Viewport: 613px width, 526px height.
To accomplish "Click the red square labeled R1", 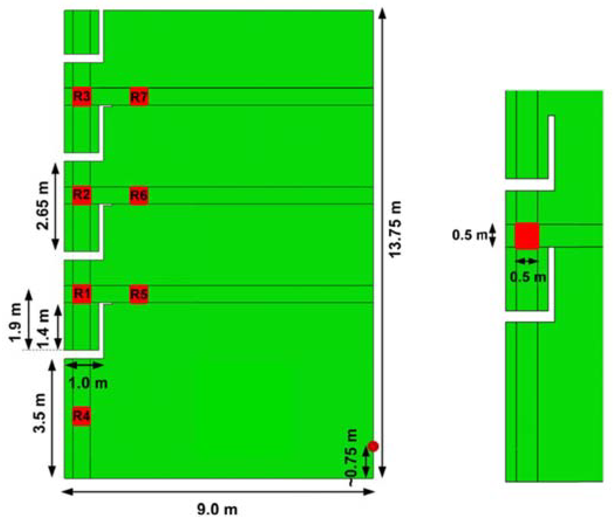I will pos(82,294).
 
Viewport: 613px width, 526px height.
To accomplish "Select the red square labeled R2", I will pos(82,195).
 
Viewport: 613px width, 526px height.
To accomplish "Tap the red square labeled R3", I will pos(82,97).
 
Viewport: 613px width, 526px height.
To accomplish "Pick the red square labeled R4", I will pos(82,416).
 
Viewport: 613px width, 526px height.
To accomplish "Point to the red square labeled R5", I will pos(139,294).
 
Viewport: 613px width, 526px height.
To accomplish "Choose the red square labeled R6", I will pos(139,195).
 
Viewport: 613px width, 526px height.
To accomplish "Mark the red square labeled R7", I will pos(139,97).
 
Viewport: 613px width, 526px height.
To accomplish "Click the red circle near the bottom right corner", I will pos(374,446).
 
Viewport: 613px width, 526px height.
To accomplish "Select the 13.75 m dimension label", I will pos(396,230).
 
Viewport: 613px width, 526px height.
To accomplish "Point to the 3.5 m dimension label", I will pos(40,413).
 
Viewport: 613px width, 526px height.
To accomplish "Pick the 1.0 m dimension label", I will pos(88,384).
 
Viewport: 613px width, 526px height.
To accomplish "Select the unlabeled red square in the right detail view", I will pos(527,236).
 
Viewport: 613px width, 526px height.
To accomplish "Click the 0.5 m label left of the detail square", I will pos(469,235).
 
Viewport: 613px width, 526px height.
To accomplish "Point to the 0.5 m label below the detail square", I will pos(528,277).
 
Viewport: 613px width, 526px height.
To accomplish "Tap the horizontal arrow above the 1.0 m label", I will pos(84,366).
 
